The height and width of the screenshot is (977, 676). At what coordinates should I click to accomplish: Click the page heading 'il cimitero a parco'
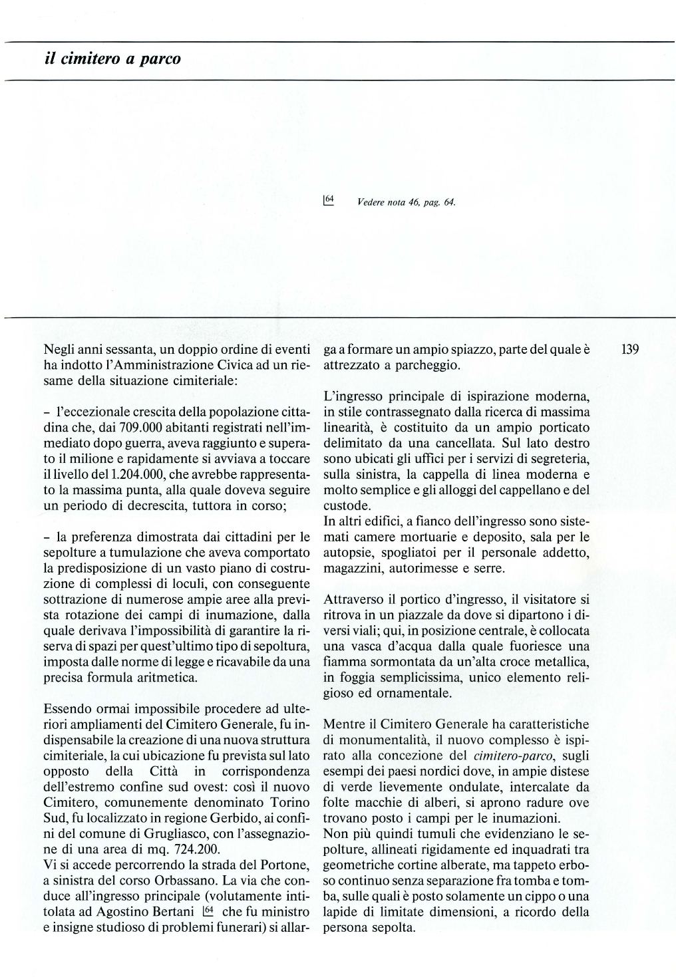click(112, 59)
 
